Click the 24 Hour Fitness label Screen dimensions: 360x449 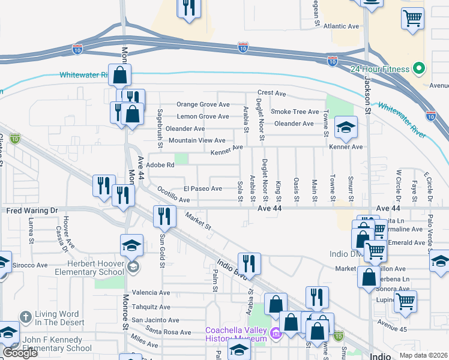tap(381, 68)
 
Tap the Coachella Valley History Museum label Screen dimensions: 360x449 tap(235, 334)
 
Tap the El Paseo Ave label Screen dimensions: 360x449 tap(203, 188)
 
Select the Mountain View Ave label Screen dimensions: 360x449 tap(196, 140)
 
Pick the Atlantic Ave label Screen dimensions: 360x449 tap(340, 26)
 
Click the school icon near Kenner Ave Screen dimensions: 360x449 tap(346, 127)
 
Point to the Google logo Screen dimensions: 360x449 tap(19, 353)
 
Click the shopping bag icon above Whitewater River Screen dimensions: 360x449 tap(120, 75)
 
